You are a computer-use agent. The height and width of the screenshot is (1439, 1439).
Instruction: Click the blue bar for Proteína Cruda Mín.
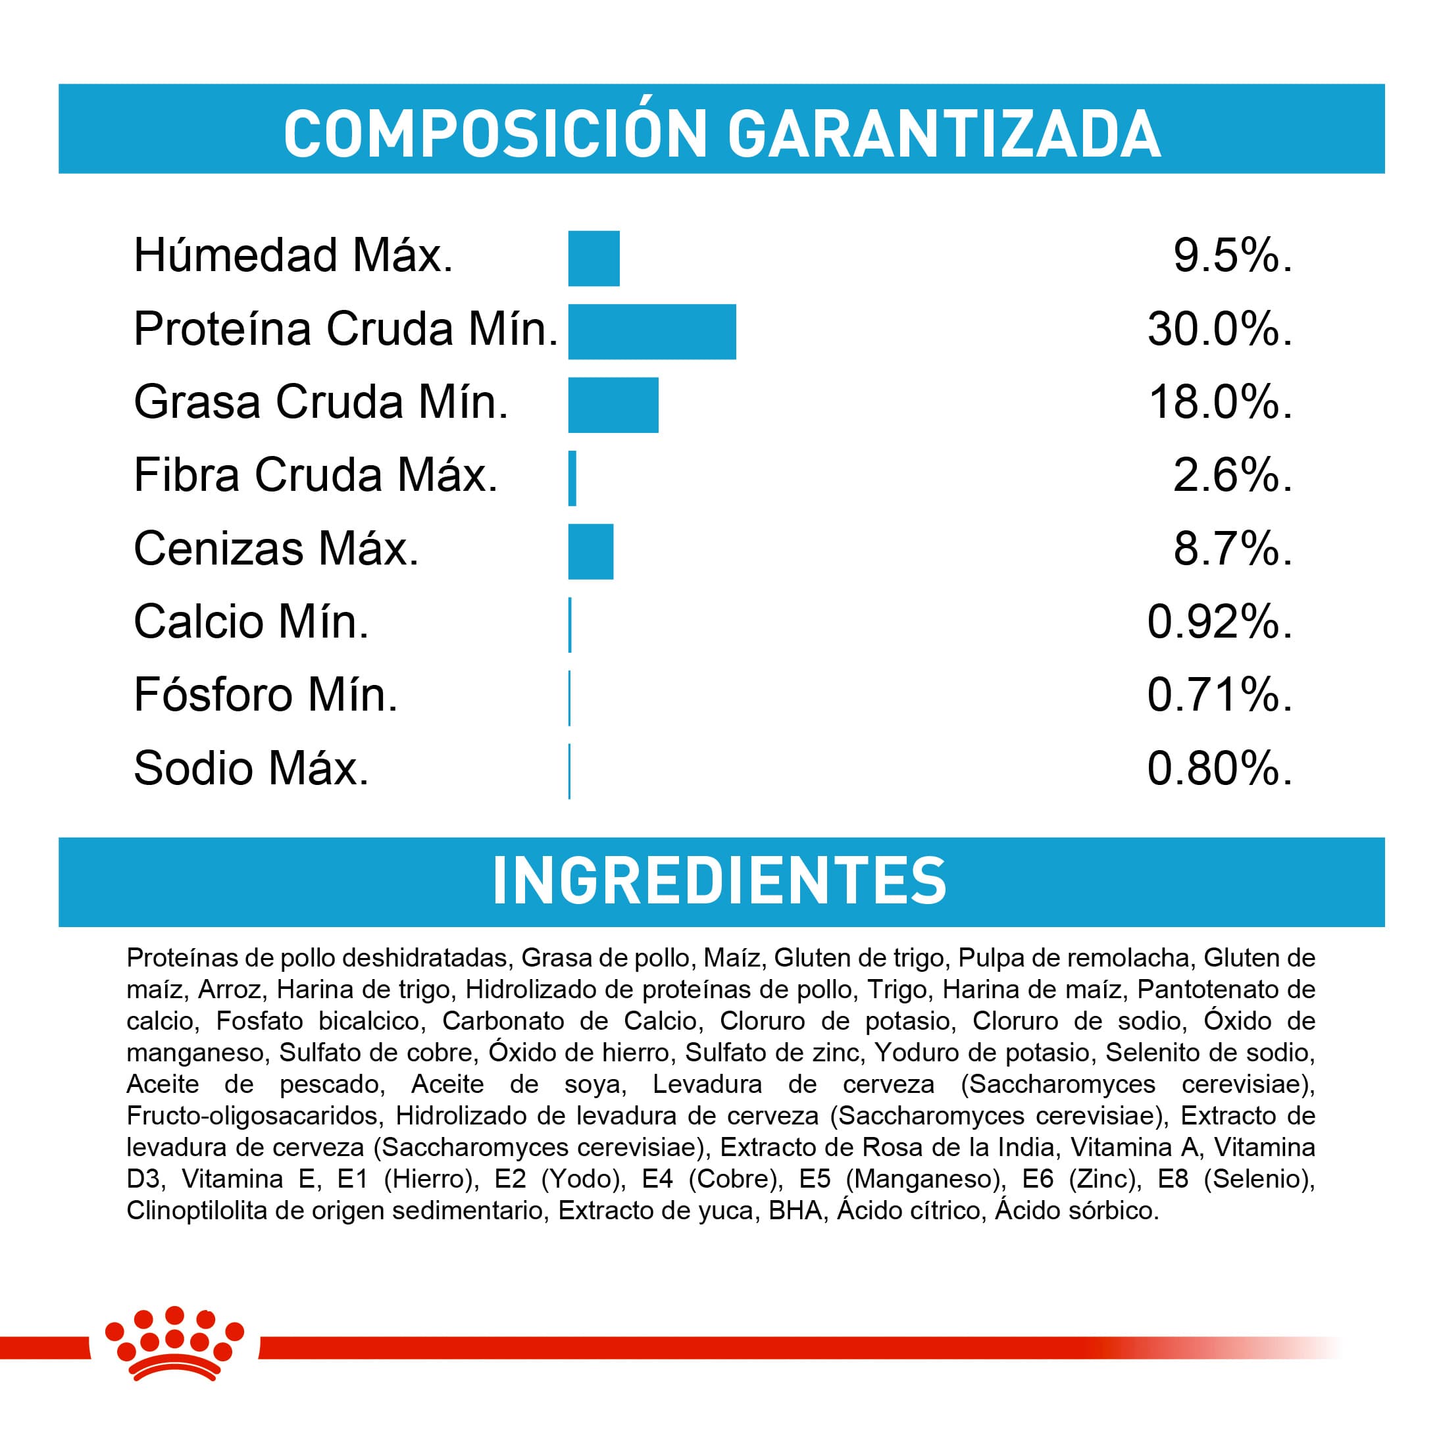[x=651, y=332]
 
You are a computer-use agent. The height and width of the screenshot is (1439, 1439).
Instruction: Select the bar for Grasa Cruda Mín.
[x=613, y=405]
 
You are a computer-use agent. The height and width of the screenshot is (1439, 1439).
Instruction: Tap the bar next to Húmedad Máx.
[x=593, y=259]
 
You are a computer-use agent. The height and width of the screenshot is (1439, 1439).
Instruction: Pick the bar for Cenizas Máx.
[x=591, y=551]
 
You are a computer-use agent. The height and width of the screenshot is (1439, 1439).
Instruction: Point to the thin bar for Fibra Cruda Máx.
[x=572, y=478]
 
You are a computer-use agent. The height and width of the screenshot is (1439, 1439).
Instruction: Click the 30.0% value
[x=1219, y=329]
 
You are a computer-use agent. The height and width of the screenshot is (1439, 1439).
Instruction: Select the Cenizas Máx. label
[x=276, y=549]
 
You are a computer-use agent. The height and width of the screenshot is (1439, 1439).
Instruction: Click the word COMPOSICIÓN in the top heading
[x=495, y=134]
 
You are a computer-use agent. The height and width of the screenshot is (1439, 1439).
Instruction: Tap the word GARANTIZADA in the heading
[x=944, y=134]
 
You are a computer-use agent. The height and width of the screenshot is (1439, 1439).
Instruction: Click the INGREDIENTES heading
[x=720, y=881]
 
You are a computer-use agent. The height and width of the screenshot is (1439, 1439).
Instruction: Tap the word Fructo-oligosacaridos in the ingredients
[x=253, y=1116]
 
